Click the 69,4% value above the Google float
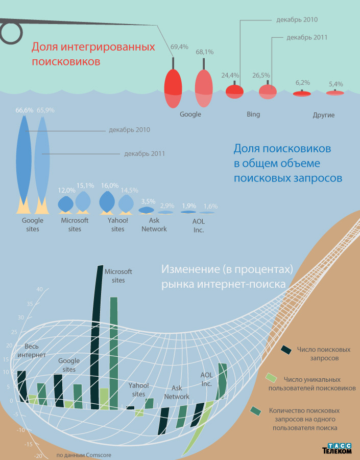click(179, 47)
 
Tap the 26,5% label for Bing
click(261, 75)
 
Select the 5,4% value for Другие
click(336, 84)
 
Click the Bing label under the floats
click(253, 114)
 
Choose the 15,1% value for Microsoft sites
click(85, 186)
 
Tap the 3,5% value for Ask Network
click(148, 201)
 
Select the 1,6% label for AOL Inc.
click(210, 206)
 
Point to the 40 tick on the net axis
click(39, 289)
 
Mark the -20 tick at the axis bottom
click(38, 456)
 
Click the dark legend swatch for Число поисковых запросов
click(286, 350)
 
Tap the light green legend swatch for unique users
click(271, 378)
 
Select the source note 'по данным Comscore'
click(84, 454)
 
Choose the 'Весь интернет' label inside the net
click(32, 350)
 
